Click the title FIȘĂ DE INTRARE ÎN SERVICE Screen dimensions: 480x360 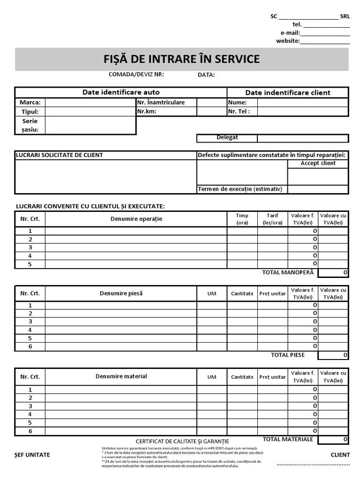(x=181, y=59)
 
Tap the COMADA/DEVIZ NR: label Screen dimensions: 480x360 (x=136, y=75)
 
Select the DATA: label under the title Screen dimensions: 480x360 (x=206, y=75)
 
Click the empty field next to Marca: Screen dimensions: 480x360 (x=90, y=103)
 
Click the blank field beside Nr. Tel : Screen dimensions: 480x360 (x=302, y=112)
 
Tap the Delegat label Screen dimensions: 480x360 (x=227, y=138)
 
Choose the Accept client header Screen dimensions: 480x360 (x=318, y=164)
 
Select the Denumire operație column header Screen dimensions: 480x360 (x=136, y=219)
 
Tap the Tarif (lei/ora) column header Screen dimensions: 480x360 (x=272, y=219)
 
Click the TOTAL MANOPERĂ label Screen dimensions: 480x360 (x=289, y=272)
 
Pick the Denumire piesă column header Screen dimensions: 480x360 (x=121, y=293)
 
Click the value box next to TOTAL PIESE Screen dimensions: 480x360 (x=333, y=355)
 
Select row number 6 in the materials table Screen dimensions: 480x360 (x=30, y=431)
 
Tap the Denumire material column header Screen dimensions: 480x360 (x=121, y=376)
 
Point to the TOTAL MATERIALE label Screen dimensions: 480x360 (x=287, y=439)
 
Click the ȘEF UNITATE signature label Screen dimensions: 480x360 (x=32, y=455)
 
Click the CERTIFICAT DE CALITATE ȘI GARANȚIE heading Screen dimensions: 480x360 (x=182, y=442)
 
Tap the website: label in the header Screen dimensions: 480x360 (x=288, y=41)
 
